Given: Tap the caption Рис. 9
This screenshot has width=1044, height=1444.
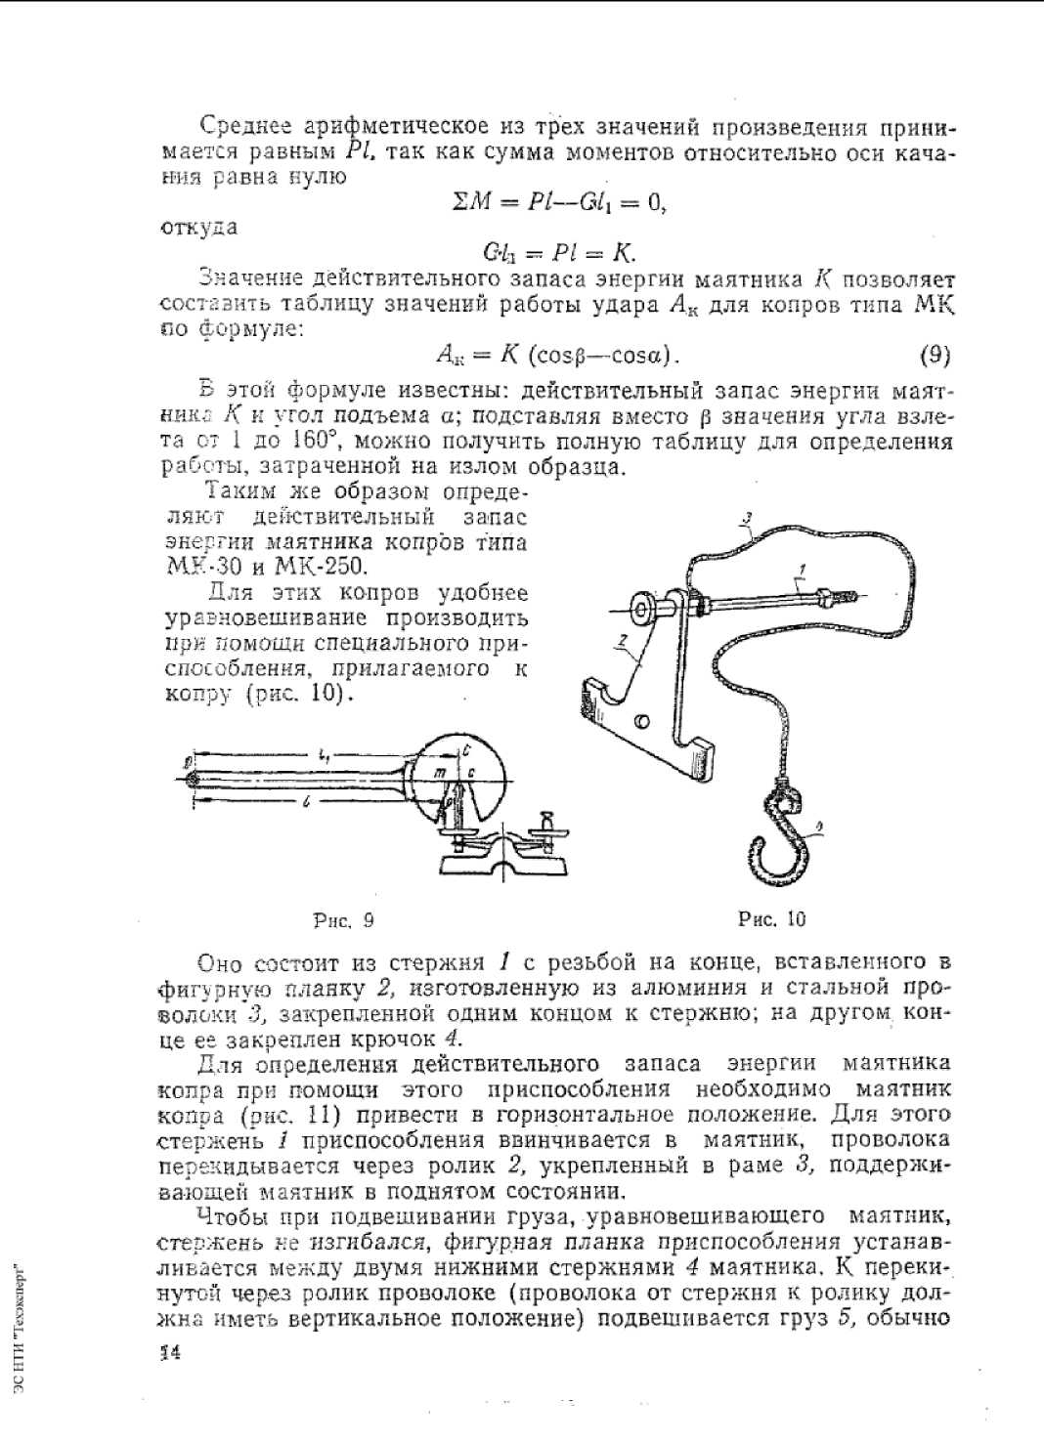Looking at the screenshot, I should click(x=343, y=920).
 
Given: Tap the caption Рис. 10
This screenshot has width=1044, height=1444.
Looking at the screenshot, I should click(x=772, y=919).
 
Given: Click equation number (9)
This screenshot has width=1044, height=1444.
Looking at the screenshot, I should click(x=935, y=355).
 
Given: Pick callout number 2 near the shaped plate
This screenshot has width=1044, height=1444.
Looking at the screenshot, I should click(x=622, y=639).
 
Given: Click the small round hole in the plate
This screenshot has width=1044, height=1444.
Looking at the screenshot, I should click(x=640, y=721).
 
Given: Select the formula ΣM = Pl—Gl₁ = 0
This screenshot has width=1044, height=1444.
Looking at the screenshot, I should click(x=559, y=202).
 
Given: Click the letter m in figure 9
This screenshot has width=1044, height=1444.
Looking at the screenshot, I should click(x=440, y=773).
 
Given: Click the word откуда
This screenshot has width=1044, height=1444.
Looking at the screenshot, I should click(x=198, y=228).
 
